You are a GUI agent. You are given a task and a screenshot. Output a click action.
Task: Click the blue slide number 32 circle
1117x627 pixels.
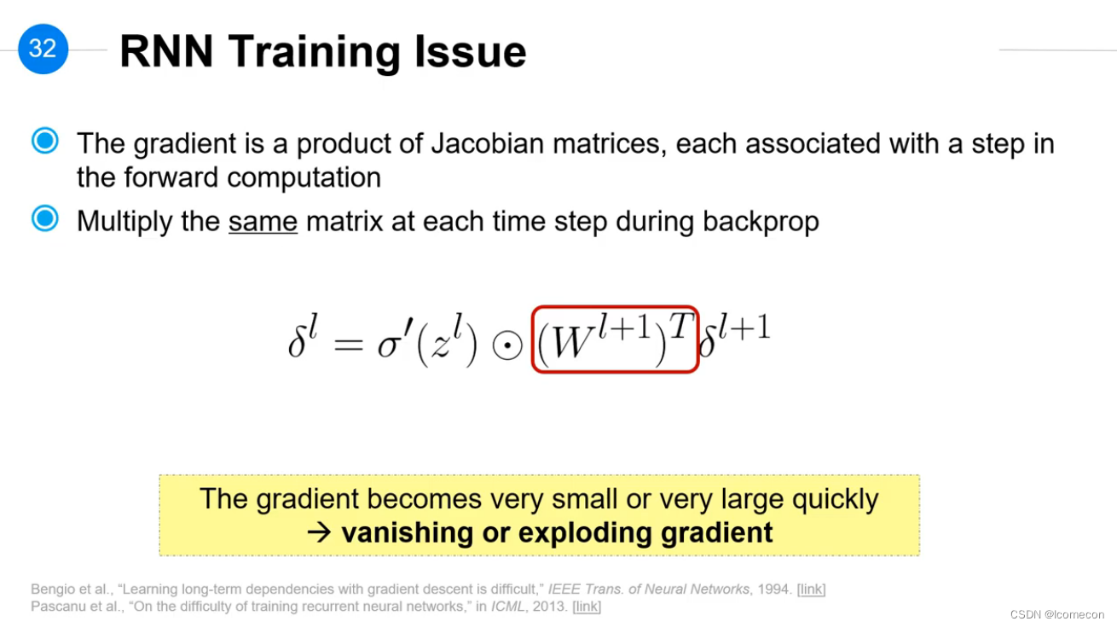(x=43, y=49)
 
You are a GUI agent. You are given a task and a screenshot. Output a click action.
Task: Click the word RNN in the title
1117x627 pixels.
(x=166, y=51)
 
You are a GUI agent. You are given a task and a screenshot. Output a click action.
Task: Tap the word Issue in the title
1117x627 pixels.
(x=470, y=51)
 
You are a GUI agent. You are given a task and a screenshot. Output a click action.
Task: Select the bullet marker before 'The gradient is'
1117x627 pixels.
(x=45, y=141)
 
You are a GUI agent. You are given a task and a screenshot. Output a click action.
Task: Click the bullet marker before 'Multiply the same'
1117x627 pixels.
(x=45, y=218)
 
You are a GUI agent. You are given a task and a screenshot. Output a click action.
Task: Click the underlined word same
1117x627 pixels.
(x=263, y=221)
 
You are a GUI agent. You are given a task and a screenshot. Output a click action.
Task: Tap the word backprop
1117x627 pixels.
(x=761, y=222)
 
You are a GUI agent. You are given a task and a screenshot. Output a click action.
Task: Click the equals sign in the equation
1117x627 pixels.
(x=349, y=344)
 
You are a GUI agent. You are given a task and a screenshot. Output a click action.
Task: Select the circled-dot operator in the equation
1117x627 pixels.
(x=507, y=345)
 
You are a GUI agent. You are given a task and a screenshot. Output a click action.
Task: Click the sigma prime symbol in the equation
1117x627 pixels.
(x=395, y=340)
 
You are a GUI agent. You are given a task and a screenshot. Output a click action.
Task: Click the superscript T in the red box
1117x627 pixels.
(x=681, y=326)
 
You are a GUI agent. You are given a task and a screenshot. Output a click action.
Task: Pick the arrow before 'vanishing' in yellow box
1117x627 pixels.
(x=319, y=532)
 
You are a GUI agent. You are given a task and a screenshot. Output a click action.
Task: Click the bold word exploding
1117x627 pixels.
(x=585, y=532)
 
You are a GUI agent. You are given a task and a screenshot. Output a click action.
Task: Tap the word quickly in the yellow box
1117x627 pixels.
(x=836, y=499)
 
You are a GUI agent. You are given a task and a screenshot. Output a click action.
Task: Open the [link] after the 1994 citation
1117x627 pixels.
(x=812, y=589)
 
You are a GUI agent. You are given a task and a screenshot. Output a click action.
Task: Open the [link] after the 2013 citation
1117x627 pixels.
(x=587, y=607)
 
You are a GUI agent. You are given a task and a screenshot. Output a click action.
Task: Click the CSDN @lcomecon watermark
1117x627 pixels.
(x=1057, y=614)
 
